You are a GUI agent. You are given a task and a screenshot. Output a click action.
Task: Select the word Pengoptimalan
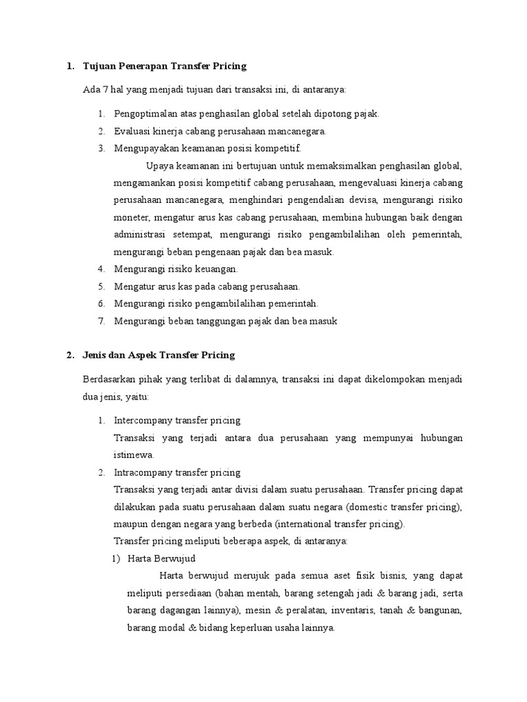144,114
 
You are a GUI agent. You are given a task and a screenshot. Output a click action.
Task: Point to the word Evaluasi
132,131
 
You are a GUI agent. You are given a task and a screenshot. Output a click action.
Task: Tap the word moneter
131,217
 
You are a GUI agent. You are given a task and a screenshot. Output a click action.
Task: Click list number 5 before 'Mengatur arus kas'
100,286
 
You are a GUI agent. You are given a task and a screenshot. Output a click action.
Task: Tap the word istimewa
134,455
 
